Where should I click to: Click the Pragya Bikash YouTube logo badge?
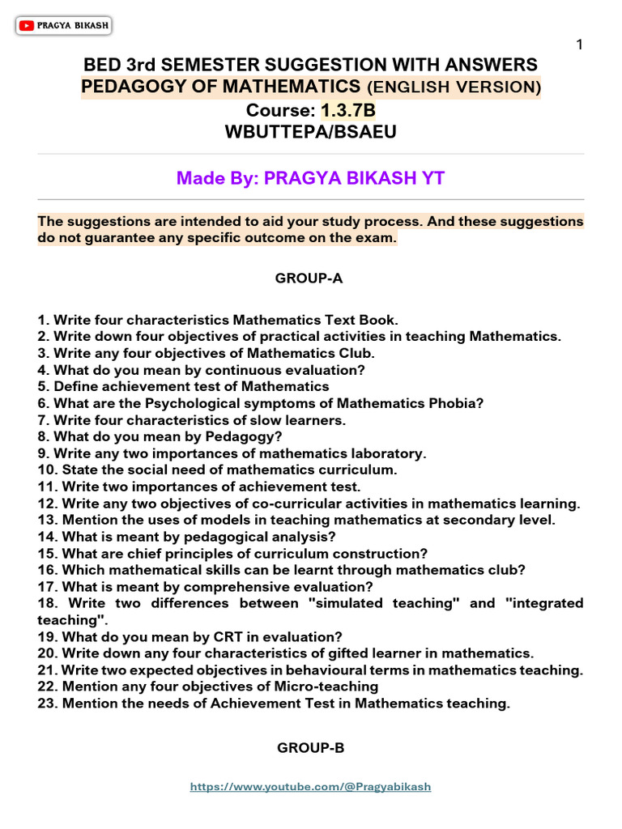click(x=63, y=27)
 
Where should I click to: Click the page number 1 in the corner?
click(x=579, y=45)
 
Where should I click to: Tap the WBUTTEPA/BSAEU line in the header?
click(x=311, y=130)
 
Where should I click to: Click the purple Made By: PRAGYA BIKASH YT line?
click(x=311, y=178)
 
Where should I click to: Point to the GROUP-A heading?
click(x=309, y=278)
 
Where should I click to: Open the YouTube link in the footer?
click(x=311, y=786)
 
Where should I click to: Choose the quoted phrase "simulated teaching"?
click(x=394, y=604)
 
